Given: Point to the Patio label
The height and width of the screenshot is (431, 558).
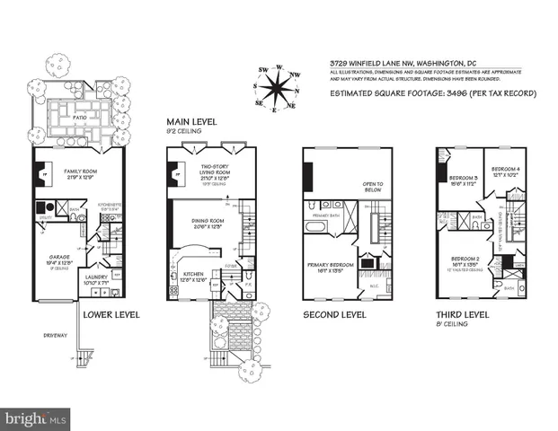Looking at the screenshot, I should pos(80,116).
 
